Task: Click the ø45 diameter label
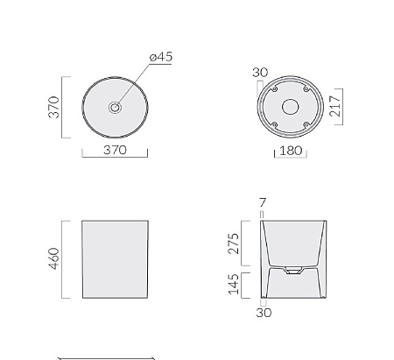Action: tap(161, 57)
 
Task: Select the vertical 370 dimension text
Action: tap(53, 107)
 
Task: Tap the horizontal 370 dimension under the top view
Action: tap(115, 150)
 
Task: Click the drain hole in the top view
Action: tap(115, 107)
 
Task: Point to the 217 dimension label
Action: tap(335, 106)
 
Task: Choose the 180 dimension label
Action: tap(291, 151)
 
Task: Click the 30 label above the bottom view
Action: tap(260, 73)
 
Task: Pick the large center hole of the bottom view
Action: tap(291, 107)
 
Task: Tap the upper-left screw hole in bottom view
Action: tap(274, 89)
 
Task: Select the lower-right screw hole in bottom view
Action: tap(306, 124)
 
